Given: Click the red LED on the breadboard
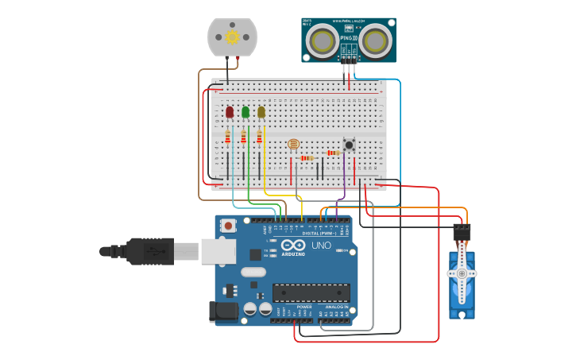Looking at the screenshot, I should [230, 112].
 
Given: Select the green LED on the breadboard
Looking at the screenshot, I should [245, 112].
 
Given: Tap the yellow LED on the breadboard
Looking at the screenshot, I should [261, 112].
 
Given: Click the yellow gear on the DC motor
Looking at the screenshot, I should [232, 37].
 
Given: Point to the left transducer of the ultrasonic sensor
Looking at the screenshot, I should [323, 39].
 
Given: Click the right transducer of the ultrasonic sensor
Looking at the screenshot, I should [376, 39].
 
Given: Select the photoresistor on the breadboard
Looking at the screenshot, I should [293, 144].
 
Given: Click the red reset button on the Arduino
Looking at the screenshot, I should [229, 226].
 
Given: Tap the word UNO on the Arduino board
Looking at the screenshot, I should [321, 246].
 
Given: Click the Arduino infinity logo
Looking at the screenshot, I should [292, 245].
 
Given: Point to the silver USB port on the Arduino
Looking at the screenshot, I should [218, 251].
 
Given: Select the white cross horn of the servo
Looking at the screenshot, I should [462, 273].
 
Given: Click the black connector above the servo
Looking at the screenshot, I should [462, 233].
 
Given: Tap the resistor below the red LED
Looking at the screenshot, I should [228, 137].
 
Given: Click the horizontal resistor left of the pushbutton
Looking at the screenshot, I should [333, 153].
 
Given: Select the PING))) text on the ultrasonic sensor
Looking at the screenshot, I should [348, 37].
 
